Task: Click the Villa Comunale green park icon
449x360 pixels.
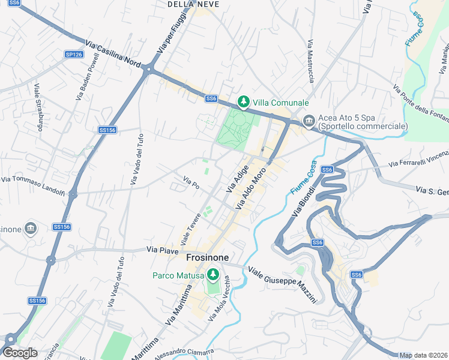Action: tap(243, 103)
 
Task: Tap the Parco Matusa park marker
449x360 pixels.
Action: tap(212, 275)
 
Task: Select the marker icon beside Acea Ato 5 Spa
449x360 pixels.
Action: tap(309, 121)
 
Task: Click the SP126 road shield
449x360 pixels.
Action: tap(74, 55)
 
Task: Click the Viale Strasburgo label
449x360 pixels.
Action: tap(39, 107)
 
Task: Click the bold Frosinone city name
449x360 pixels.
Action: tap(207, 257)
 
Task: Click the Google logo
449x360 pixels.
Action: tap(20, 353)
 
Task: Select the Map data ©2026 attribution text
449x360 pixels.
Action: tap(424, 355)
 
